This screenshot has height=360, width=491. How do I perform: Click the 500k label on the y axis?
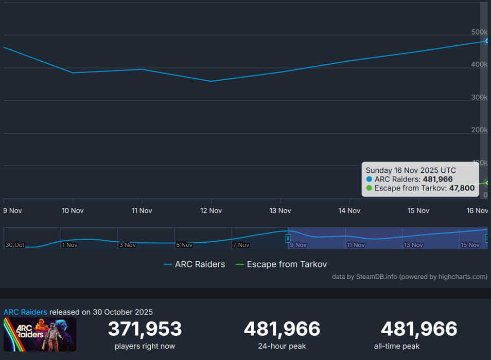[479, 32]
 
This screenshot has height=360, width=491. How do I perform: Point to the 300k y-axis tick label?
[479, 97]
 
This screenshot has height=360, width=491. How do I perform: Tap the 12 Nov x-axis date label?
[211, 210]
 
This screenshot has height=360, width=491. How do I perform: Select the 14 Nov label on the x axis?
[349, 210]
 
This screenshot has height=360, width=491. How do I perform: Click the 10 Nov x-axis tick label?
[73, 210]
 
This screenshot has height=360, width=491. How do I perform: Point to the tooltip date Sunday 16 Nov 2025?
[411, 170]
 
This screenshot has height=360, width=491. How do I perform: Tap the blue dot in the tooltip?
[369, 179]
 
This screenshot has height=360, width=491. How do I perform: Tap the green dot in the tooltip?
[369, 188]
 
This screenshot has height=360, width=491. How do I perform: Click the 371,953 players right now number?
[145, 329]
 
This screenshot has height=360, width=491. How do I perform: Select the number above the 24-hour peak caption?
[282, 329]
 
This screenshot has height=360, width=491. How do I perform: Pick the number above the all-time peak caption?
[418, 329]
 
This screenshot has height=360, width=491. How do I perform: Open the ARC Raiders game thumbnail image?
[40, 334]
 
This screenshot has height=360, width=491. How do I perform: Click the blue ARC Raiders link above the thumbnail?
[25, 312]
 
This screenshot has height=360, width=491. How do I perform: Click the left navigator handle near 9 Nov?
[288, 238]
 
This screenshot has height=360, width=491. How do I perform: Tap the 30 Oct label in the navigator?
[14, 245]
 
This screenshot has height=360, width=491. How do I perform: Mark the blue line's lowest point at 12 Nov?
[211, 81]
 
